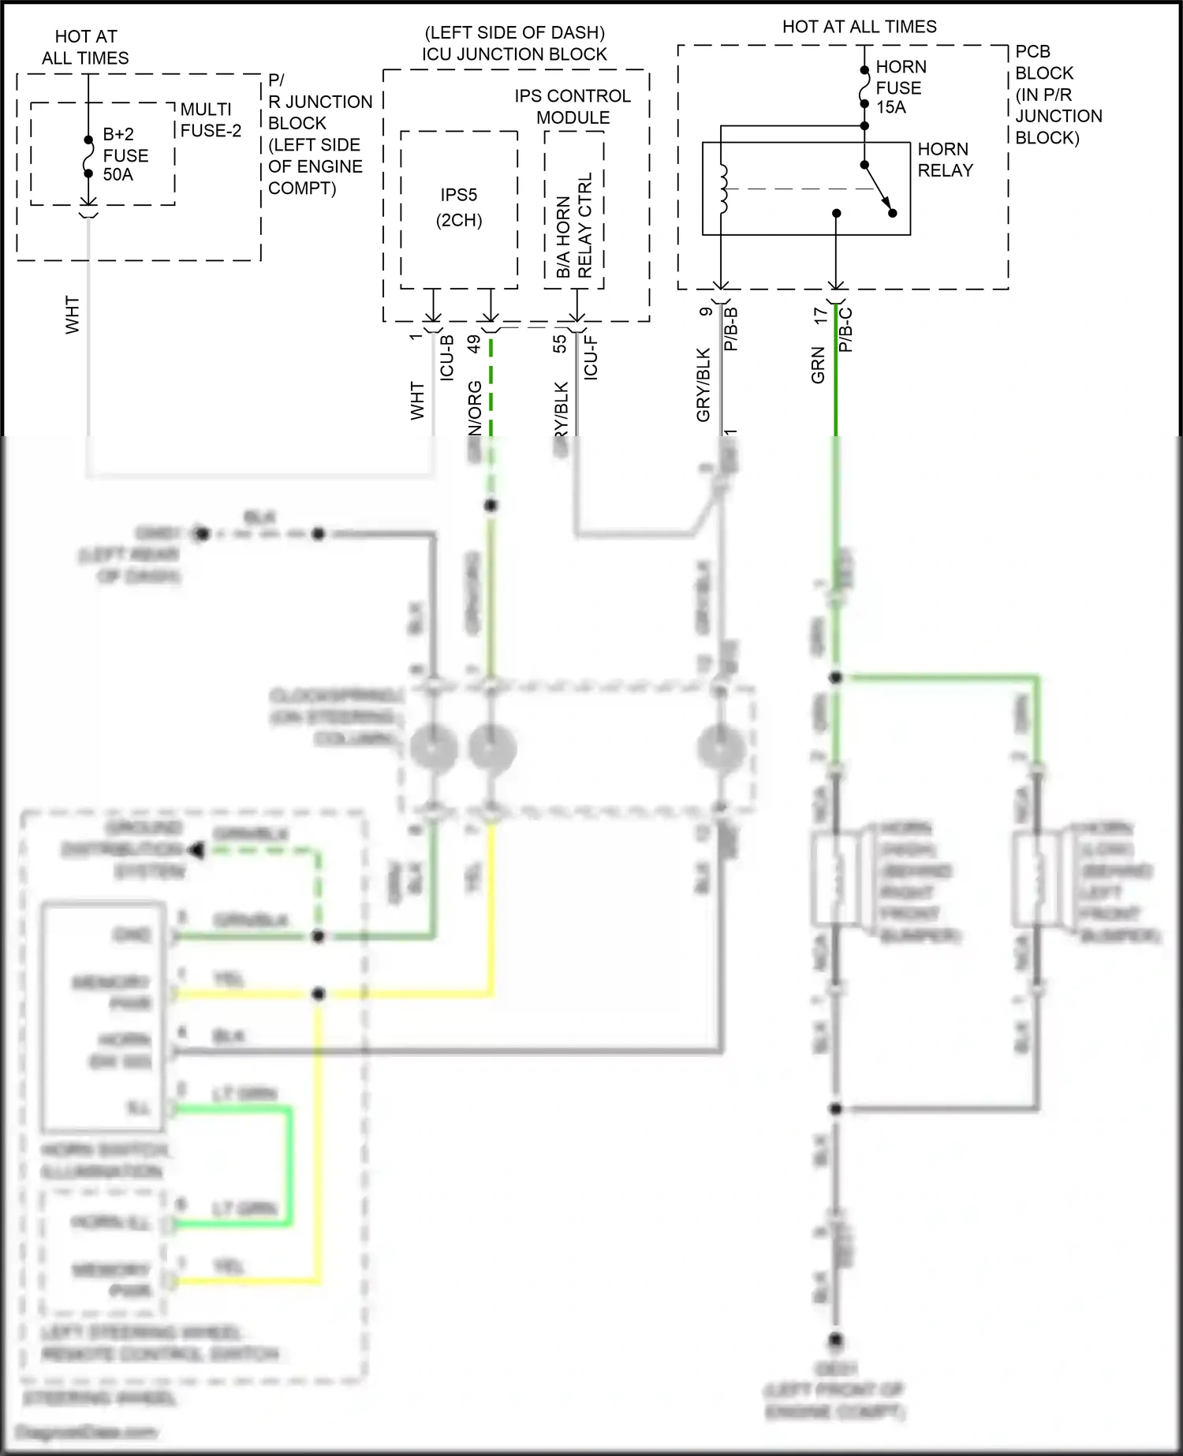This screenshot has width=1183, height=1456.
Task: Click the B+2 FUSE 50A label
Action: [125, 155]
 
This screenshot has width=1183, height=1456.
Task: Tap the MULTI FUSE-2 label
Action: [210, 120]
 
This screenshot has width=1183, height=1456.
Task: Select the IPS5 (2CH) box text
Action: [459, 207]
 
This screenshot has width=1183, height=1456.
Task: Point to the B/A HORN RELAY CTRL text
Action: [573, 226]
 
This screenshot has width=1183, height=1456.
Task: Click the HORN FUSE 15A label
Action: [900, 88]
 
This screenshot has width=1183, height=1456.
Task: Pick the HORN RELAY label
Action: [944, 160]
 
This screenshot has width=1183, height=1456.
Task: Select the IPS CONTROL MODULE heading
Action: [573, 106]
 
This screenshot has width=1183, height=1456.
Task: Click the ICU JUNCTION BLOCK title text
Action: [514, 54]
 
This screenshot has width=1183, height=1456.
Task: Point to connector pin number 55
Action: [559, 344]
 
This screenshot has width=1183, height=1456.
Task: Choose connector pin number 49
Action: [474, 344]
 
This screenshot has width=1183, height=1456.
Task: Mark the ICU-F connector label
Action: [590, 358]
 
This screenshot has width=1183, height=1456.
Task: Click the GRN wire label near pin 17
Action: [818, 366]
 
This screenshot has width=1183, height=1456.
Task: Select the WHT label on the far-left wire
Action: [73, 315]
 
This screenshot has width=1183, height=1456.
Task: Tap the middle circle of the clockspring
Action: [492, 746]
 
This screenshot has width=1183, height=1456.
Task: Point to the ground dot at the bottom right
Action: [836, 1338]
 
